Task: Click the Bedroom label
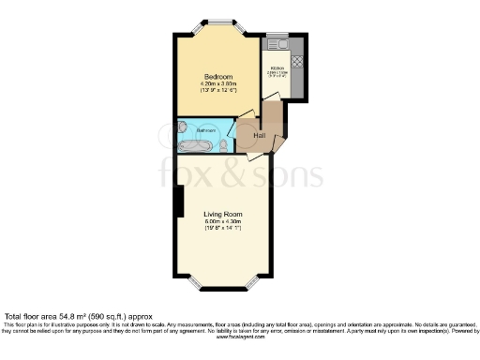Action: [217, 76]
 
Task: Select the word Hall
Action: [260, 136]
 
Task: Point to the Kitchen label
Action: [277, 68]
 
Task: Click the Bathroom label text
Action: [206, 129]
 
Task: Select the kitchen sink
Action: [277, 45]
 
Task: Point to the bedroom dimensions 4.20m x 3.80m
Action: [217, 85]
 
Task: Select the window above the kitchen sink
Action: [277, 35]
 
